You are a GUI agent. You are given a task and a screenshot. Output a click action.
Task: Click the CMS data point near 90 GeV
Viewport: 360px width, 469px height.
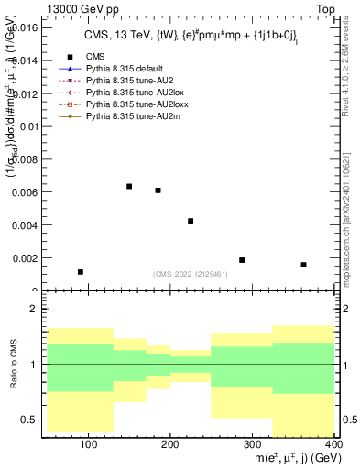(x=81, y=272)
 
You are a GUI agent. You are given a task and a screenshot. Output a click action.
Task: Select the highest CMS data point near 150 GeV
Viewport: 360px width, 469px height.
(x=129, y=187)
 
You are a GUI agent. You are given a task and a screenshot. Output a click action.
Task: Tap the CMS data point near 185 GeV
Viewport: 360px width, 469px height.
(x=158, y=191)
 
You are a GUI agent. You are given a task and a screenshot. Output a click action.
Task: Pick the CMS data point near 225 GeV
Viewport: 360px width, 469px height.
(x=191, y=221)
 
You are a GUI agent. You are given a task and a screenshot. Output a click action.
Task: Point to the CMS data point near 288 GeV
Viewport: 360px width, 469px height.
(x=242, y=260)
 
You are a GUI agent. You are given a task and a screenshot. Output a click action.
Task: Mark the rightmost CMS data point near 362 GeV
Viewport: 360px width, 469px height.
(x=303, y=265)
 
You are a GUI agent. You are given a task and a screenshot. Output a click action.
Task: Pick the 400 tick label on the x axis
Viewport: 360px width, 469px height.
(x=335, y=444)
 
